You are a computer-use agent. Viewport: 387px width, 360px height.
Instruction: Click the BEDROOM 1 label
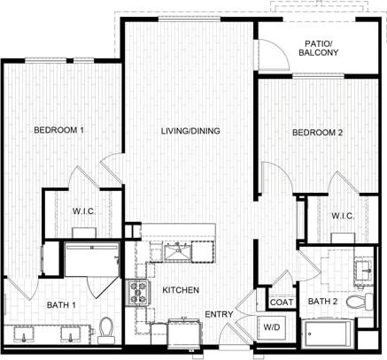(58, 130)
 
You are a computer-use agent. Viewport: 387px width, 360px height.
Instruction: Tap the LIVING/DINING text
(190, 132)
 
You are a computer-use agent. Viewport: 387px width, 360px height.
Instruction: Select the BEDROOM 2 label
(317, 134)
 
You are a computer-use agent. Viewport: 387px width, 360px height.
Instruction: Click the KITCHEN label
(179, 290)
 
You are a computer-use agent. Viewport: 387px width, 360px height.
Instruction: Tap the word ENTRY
(220, 315)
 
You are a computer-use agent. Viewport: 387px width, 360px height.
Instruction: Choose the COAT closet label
(282, 303)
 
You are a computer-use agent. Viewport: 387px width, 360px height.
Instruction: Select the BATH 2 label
(321, 303)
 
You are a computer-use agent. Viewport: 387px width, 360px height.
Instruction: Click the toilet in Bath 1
(107, 329)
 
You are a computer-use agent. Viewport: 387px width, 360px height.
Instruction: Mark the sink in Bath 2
(363, 270)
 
